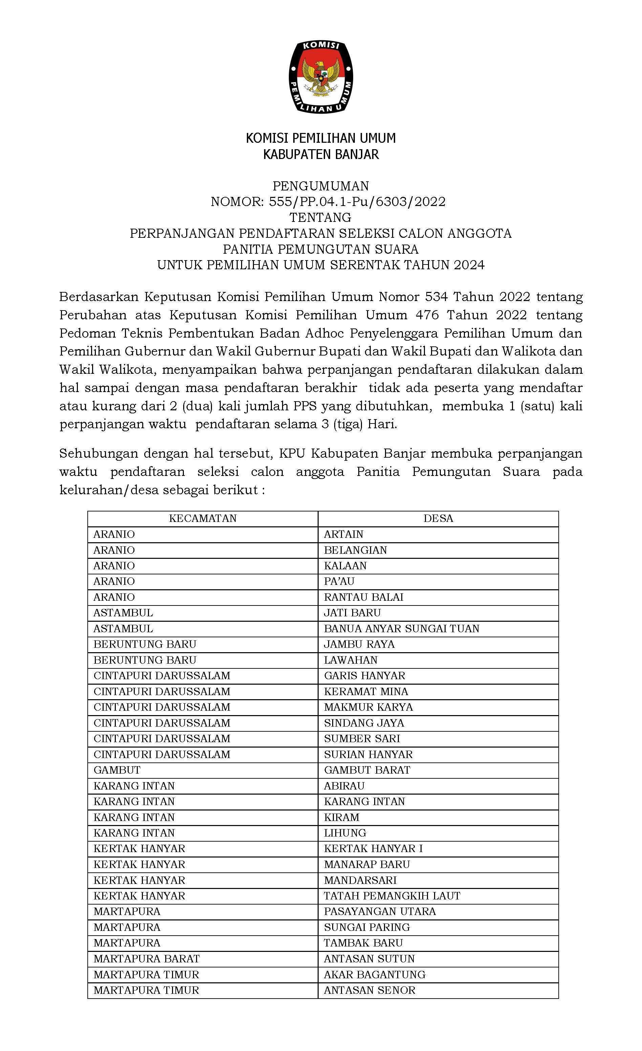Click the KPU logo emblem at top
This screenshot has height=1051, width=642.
[x=321, y=77]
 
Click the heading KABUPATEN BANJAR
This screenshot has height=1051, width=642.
[x=321, y=154]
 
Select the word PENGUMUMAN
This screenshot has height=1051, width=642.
[x=321, y=186]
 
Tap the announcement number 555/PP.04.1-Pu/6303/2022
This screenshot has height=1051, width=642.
[x=357, y=202]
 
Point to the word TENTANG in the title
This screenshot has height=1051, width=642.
[x=321, y=218]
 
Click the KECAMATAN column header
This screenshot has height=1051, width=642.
[x=203, y=518]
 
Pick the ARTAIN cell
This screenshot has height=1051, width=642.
[x=344, y=534]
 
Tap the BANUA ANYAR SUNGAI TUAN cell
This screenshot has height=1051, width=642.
[x=402, y=628]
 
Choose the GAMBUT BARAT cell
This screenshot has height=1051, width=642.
[x=367, y=770]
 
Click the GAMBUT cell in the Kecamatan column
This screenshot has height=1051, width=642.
[x=117, y=770]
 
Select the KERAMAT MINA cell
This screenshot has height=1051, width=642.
[x=366, y=691]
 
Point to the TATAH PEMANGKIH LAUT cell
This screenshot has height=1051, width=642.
[x=392, y=896]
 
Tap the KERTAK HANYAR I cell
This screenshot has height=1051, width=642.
[x=373, y=848]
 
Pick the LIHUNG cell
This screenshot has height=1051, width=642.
[x=345, y=832]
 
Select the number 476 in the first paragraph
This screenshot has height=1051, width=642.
[x=427, y=315]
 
